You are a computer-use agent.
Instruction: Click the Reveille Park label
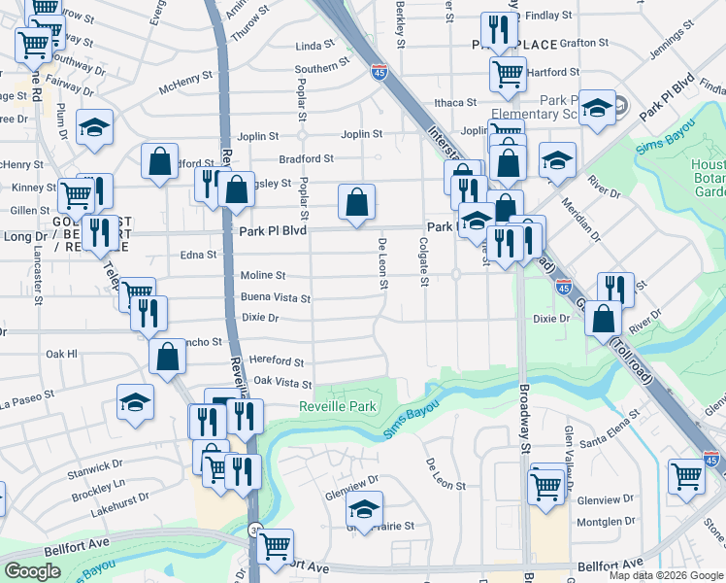(x=337, y=406)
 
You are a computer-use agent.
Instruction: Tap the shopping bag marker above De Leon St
(x=357, y=203)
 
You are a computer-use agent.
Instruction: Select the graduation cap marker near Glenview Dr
(x=365, y=508)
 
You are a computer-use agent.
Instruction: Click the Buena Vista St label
(x=276, y=299)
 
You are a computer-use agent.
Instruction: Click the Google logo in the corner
(x=32, y=571)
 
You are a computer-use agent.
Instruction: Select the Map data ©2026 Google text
(x=666, y=575)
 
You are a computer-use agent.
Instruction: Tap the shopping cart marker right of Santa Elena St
(x=686, y=477)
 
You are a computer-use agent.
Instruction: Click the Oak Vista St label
(x=281, y=383)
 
